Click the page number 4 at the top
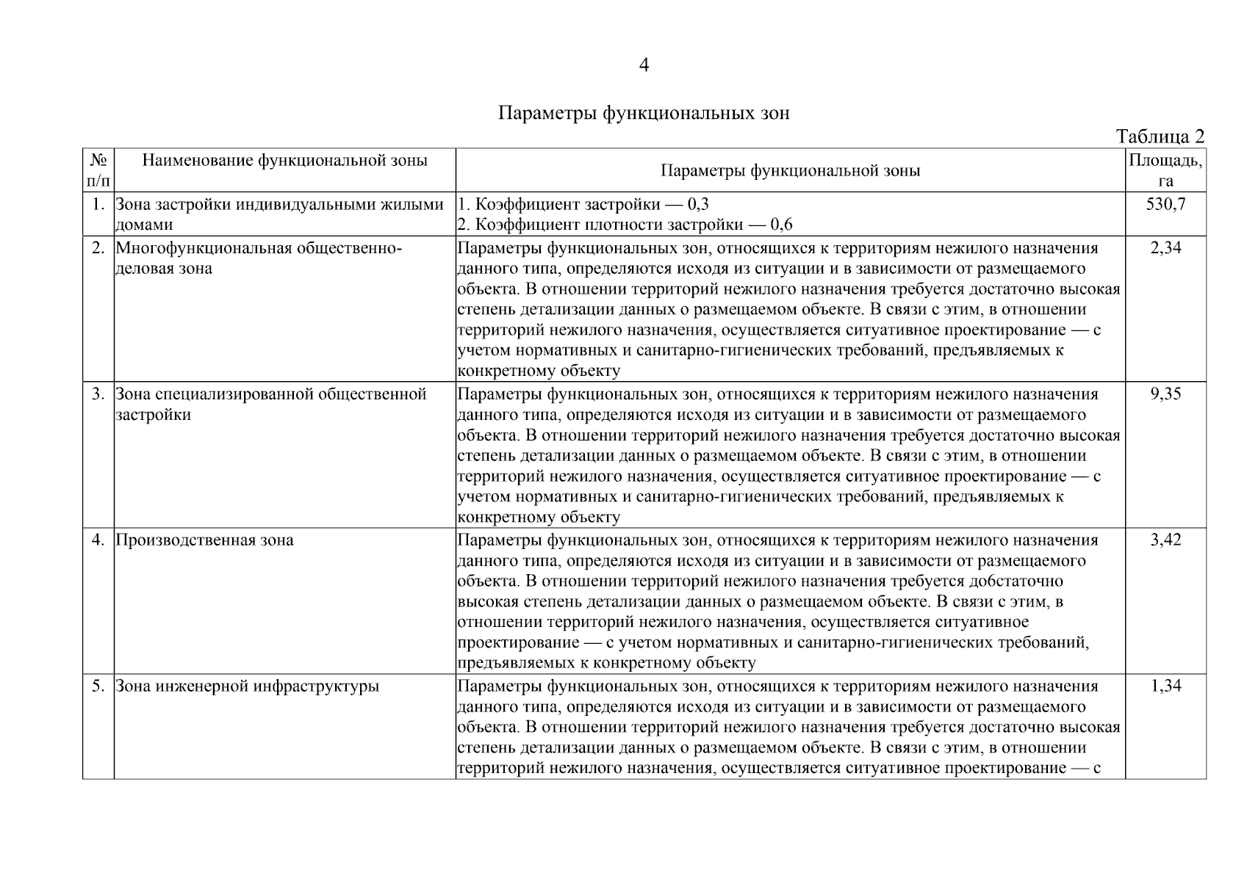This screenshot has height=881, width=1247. pyautogui.click(x=644, y=66)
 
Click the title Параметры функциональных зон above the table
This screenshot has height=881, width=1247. pyautogui.click(x=644, y=114)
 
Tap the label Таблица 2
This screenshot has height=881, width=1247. pyautogui.click(x=1160, y=137)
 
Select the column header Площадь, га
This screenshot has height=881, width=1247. pyautogui.click(x=1165, y=170)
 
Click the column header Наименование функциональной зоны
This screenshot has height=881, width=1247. pyautogui.click(x=284, y=160)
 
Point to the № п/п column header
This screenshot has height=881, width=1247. pyautogui.click(x=98, y=170)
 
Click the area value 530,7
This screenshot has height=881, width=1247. pyautogui.click(x=1165, y=204)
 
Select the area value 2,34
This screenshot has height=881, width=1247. pyautogui.click(x=1165, y=248)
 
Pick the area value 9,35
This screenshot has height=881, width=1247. pyautogui.click(x=1165, y=394)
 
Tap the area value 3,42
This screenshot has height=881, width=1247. pyautogui.click(x=1165, y=540)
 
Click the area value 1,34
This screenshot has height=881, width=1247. pyautogui.click(x=1165, y=686)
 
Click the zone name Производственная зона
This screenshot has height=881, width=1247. pyautogui.click(x=204, y=540)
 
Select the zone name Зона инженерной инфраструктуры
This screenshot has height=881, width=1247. pyautogui.click(x=248, y=686)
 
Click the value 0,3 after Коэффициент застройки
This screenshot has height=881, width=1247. pyautogui.click(x=697, y=204)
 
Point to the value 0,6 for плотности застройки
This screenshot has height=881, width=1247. pyautogui.click(x=781, y=225)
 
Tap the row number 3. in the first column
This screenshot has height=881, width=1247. pyautogui.click(x=98, y=394)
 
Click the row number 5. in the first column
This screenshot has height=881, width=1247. pyautogui.click(x=98, y=686)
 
